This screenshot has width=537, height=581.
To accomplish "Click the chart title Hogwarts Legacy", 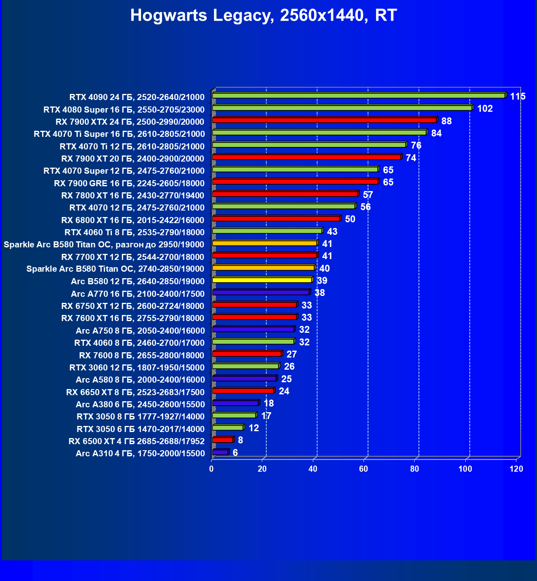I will click(263, 16).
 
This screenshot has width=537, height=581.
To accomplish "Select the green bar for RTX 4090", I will click(358, 96).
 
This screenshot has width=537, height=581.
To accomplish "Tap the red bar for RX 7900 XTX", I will click(324, 120).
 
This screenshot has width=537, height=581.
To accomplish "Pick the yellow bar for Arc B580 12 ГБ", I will click(262, 280).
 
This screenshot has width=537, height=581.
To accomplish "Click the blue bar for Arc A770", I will click(261, 292).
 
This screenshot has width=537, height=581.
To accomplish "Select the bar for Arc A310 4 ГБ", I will click(220, 452).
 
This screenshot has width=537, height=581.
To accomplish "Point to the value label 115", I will click(518, 96).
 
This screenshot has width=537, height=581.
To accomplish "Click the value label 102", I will click(485, 109).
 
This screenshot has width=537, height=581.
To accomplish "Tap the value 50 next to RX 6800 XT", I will click(350, 219).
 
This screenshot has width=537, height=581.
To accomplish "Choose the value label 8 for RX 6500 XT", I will click(240, 440).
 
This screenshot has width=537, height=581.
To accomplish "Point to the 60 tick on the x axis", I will click(364, 469).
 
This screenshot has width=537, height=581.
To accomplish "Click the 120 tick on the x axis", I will click(516, 469).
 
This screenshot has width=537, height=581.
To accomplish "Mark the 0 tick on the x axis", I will click(211, 469).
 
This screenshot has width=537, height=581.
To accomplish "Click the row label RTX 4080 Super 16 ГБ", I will click(124, 110).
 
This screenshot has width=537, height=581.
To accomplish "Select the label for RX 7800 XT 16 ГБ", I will click(133, 196).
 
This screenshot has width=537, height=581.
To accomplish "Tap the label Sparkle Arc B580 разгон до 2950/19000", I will click(104, 245).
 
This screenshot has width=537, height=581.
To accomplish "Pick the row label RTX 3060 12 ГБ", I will click(137, 368).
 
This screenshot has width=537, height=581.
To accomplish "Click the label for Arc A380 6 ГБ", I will click(140, 404).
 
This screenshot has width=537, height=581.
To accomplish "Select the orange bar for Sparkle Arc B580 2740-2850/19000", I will click(263, 268).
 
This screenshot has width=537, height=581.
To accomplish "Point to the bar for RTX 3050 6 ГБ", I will click(227, 428).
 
